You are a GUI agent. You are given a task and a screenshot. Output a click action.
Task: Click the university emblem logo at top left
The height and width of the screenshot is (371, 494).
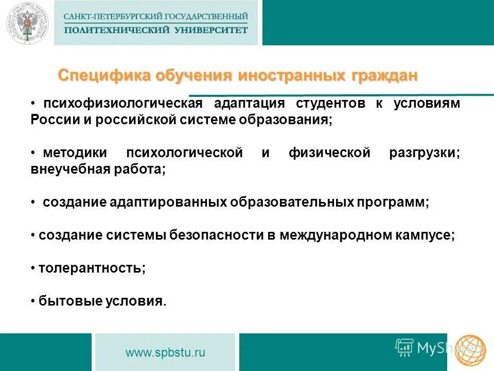pos(26,24)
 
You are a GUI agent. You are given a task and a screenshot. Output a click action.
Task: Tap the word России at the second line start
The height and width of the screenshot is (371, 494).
pos(51,120)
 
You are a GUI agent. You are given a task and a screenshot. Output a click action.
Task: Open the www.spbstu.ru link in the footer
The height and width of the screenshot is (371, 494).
pos(165,353)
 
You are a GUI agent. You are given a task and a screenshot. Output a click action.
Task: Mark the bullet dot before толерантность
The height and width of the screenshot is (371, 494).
pos(32,268)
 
